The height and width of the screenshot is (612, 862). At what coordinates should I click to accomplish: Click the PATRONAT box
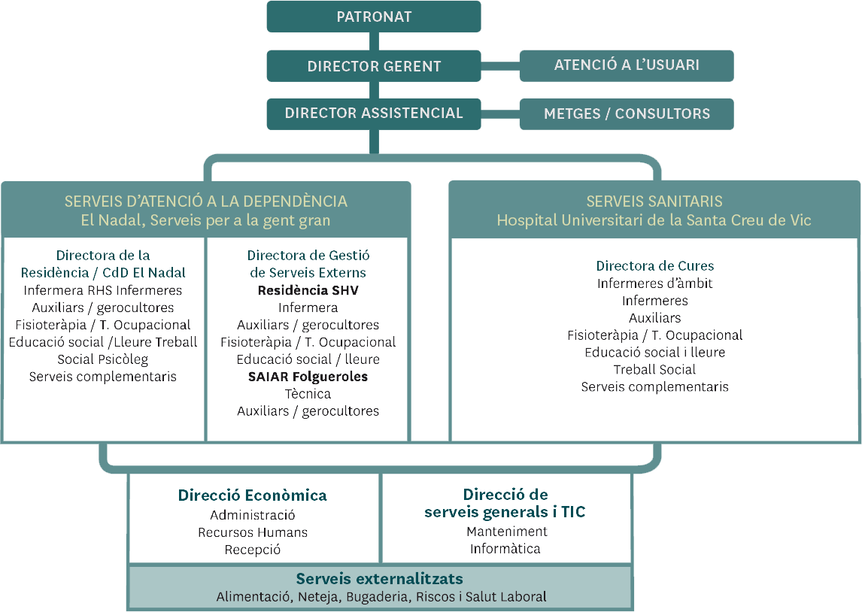pos(374,17)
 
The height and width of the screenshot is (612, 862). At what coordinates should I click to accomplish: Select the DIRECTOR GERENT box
pos(374,66)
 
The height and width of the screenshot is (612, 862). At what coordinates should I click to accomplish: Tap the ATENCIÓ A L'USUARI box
pos(627,66)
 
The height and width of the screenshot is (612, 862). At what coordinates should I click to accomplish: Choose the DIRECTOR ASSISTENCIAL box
pos(374,114)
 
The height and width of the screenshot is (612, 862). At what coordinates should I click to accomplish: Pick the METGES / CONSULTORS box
pos(627,114)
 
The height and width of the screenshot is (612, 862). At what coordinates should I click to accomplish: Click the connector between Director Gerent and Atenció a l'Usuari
pos(500,66)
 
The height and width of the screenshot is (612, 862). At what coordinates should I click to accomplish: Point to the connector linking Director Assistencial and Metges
pos(500,114)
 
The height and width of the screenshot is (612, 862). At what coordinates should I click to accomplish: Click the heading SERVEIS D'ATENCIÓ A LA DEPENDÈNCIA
pos(205,201)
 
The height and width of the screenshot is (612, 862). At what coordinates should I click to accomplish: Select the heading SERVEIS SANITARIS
pos(654,201)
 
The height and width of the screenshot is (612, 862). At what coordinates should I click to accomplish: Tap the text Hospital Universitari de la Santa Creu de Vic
pos(654,220)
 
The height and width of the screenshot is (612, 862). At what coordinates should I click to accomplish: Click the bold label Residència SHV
pos(308,290)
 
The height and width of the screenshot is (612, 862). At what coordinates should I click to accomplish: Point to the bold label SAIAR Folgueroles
pos(308,377)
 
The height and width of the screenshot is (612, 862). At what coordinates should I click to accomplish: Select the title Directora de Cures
pos(654,266)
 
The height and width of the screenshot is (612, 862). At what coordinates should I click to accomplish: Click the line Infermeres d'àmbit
pos(654,283)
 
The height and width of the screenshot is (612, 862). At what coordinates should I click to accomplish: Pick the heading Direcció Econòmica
pos(252,495)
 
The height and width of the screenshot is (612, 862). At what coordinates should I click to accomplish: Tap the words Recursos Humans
pos(253,532)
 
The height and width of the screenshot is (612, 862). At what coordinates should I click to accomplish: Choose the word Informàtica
pos(505,549)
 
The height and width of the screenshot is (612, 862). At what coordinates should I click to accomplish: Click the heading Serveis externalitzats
pos(379,578)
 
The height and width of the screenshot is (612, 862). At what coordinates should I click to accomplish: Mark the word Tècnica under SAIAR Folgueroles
pos(308,394)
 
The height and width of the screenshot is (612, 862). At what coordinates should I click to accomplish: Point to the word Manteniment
pos(507,532)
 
